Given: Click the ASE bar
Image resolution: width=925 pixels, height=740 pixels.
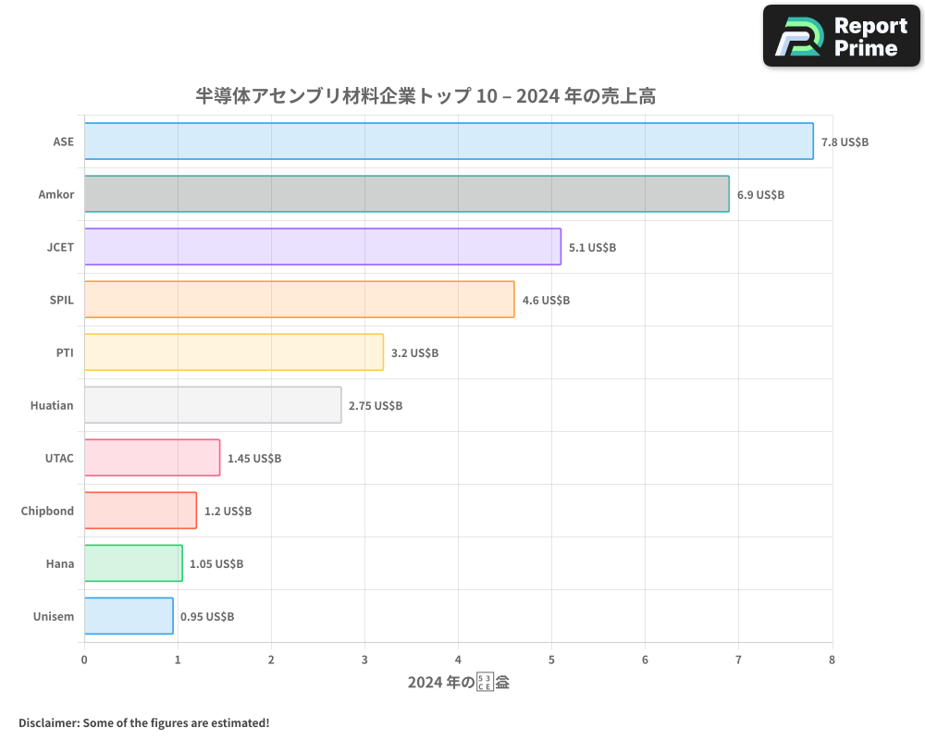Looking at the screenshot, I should pos(449,142).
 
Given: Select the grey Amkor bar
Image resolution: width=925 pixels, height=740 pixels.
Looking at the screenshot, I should pos(407,194).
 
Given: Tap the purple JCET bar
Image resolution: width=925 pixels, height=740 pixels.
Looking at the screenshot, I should pos(323,247).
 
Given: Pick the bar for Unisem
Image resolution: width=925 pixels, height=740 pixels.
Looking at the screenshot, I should pos(129,616).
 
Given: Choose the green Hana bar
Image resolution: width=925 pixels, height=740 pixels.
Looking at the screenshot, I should pos(133,563).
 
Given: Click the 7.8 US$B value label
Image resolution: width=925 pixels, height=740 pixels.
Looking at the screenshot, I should pos(845,142).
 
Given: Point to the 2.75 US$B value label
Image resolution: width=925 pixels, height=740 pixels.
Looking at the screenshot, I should pos(376,406).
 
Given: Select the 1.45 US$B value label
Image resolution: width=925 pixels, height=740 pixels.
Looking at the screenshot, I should pos(254,459).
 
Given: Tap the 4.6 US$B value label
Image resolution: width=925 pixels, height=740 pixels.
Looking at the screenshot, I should pos(546,301).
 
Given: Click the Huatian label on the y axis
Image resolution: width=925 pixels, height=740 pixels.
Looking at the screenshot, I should pos(52,405).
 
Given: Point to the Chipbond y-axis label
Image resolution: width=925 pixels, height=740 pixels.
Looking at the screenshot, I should pos(47,511).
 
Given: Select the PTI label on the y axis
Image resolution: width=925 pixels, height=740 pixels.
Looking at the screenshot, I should pos(65,352).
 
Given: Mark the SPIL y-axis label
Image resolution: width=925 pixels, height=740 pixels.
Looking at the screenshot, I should pos(62,300).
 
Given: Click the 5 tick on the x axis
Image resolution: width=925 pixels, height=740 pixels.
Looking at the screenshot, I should pos(552,660).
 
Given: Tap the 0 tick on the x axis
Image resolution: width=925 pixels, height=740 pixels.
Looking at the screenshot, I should pos(84,660).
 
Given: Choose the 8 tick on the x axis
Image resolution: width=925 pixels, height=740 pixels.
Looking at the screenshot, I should pos(832,660).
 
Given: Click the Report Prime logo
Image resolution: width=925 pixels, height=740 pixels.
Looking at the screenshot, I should pos(842,36).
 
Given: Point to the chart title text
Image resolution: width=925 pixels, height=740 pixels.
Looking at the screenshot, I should pos(425,95).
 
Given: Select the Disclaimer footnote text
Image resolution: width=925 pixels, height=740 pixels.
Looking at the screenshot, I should pos(143,722).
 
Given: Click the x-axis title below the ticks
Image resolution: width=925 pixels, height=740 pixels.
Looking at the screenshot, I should pos(459,683).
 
